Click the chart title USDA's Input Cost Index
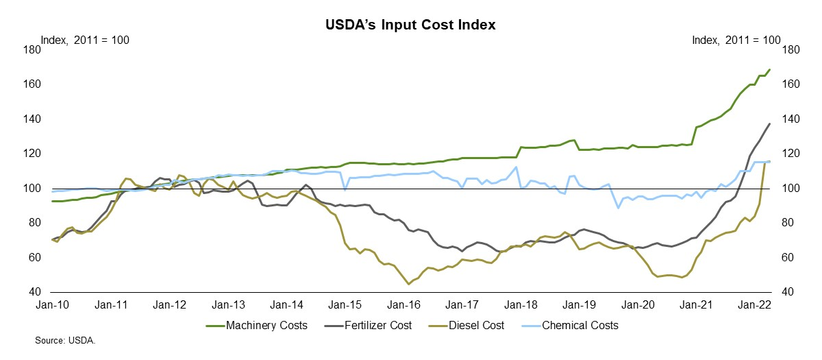[x=410, y=25]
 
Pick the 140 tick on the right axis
[x=790, y=119]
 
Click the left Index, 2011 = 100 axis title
[x=86, y=40]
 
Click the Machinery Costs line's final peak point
[x=770, y=69]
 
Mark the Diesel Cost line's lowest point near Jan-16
[x=408, y=284]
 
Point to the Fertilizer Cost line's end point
[x=770, y=123]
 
